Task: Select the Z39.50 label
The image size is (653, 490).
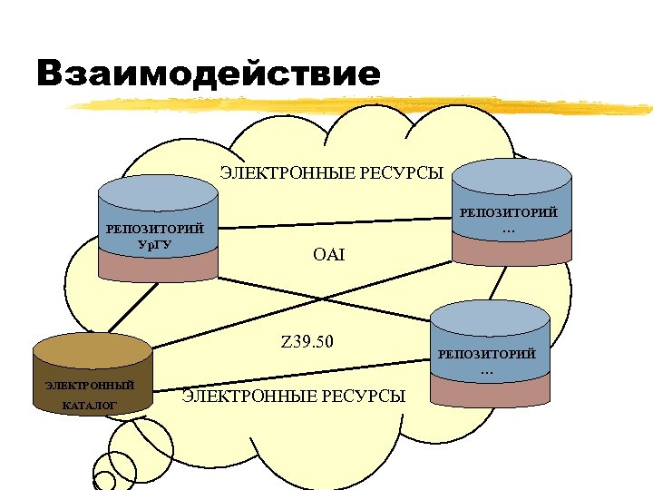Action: tap(307, 342)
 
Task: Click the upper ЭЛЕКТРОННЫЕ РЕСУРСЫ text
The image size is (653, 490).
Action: tap(332, 172)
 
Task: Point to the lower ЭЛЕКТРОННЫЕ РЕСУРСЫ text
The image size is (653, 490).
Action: tap(294, 396)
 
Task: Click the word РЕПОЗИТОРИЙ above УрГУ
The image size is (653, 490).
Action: tap(154, 229)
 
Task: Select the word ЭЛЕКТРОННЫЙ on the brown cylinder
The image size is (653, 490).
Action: tap(90, 385)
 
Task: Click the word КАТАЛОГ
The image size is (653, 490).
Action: tap(90, 405)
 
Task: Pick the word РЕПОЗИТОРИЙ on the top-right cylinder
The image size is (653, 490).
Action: tap(510, 212)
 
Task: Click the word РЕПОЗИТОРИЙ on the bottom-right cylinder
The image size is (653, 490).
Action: tap(487, 354)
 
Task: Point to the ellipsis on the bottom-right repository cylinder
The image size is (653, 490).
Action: tap(487, 370)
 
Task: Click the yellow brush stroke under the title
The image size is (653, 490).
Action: tap(363, 106)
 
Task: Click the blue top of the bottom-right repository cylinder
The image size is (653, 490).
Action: tap(491, 317)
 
